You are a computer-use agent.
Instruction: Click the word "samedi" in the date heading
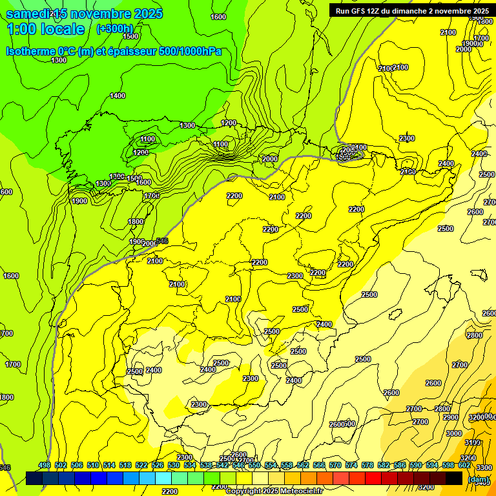pos(26,14)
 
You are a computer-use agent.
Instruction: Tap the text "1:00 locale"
pos(45,29)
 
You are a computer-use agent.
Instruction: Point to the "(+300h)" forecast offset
pos(114,29)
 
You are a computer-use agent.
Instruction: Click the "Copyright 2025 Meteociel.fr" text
pos(274,491)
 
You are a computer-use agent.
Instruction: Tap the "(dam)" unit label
pos(478,479)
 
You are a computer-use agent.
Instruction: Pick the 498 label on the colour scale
pos(45,465)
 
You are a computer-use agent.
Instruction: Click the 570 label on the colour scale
pos(335,465)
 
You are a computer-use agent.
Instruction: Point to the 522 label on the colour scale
pos(141,465)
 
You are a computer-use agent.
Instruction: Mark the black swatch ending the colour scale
pos(453,479)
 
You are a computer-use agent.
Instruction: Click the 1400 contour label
pos(118,96)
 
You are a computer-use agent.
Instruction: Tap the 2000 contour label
pos(269,159)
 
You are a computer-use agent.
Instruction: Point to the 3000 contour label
pos(454,433)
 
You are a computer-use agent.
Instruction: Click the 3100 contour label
pos(473,442)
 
